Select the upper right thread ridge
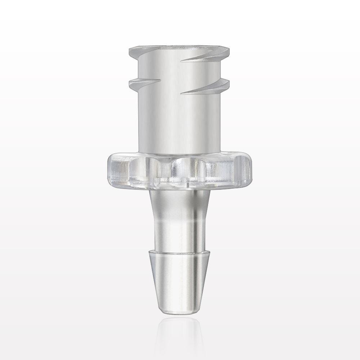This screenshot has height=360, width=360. pyautogui.click(x=212, y=57)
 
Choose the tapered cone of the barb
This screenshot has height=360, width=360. pyautogui.click(x=180, y=277)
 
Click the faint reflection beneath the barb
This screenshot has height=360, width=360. pyautogui.click(x=180, y=331)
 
